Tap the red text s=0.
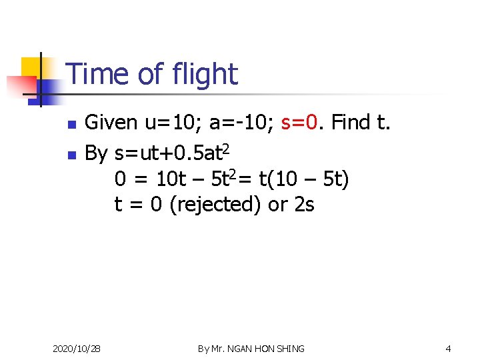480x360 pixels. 302,122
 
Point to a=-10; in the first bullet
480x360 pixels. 241,122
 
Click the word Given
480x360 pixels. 111,122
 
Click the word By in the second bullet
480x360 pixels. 96,153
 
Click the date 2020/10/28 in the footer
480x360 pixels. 77,349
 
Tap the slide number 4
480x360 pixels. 448,349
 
